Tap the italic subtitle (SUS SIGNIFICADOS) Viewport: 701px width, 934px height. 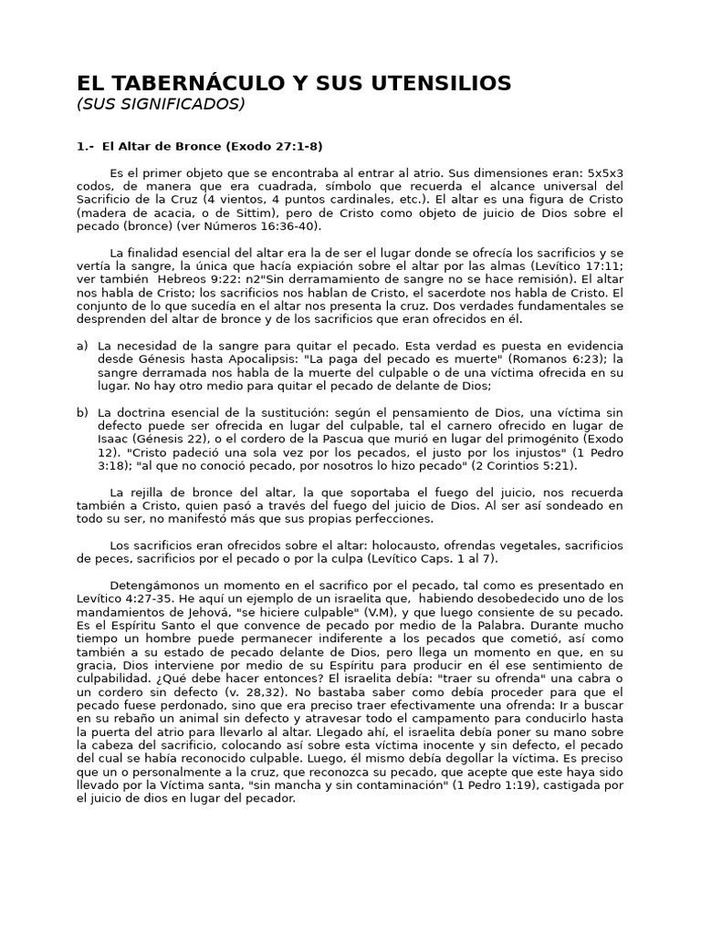tap(160, 104)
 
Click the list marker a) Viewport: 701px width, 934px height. tap(82, 346)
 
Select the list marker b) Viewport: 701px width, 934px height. tap(82, 412)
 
